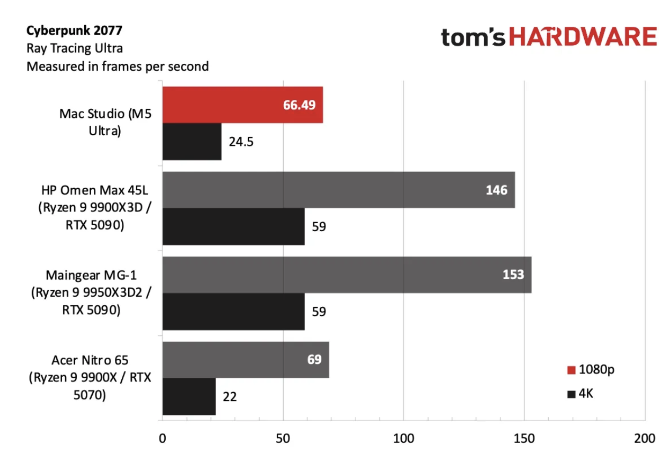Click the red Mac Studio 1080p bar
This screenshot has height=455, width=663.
pos(242,105)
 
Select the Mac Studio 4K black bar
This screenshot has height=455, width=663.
pos(192,142)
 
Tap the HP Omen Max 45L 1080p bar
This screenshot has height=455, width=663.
pos(339,190)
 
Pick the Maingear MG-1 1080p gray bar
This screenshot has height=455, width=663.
pos(347,275)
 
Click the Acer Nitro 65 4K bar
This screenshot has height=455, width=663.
pos(189,397)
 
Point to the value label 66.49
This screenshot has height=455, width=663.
pos(299,105)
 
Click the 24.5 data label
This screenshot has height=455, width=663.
pos(241,142)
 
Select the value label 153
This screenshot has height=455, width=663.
pos(513,275)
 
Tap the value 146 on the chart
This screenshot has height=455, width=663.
pos(497,190)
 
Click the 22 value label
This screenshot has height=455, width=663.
pos(230,397)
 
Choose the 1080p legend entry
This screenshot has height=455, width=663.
pos(591,370)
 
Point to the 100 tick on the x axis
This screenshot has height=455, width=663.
pos(403,438)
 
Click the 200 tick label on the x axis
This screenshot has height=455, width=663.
pos(645,438)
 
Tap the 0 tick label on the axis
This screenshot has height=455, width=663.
pos(162,438)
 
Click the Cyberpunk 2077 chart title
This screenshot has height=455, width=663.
pos(74,30)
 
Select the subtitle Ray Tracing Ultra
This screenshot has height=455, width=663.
pos(75,48)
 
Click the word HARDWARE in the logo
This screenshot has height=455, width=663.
pos(583,36)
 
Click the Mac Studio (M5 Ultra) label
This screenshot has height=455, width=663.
pos(105,122)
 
